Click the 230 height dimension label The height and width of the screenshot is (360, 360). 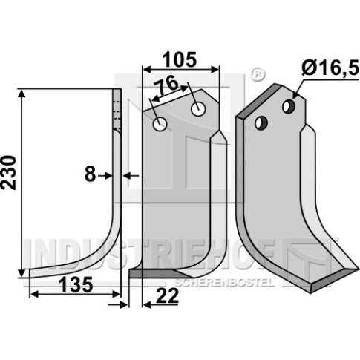8,172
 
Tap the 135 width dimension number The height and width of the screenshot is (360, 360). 76,284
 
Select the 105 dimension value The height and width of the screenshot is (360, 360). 179,60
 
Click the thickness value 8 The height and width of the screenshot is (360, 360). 90,174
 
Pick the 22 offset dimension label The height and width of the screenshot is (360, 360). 168,296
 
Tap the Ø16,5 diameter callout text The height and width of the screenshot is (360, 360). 330,68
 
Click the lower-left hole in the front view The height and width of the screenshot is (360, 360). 160,124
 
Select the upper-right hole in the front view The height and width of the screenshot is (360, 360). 198,109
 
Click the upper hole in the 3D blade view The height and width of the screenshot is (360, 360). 289,107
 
